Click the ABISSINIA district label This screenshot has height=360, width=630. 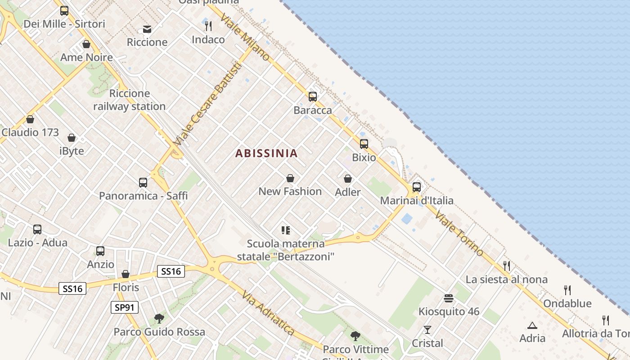(x=266, y=153)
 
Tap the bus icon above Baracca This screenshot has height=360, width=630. (x=312, y=97)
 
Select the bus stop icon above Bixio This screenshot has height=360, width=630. (x=364, y=144)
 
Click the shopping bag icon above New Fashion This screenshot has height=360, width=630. (x=290, y=178)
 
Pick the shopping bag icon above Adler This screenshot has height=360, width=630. (x=347, y=179)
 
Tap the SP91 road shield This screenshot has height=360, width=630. (x=124, y=307)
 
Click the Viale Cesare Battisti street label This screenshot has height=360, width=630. (x=207, y=103)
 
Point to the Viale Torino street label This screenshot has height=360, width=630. (x=459, y=233)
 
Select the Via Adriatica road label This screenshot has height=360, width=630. (x=268, y=313)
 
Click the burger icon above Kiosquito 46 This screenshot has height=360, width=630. (x=448, y=298)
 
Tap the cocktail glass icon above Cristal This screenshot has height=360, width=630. (x=427, y=330)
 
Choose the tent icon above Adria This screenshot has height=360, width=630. (x=532, y=325)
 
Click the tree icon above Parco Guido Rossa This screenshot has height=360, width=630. (x=159, y=319)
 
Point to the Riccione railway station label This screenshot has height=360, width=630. (x=130, y=100)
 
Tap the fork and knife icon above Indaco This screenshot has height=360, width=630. (x=208, y=26)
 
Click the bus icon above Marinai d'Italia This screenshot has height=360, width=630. (x=416, y=187)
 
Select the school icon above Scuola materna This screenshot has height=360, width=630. (x=285, y=230)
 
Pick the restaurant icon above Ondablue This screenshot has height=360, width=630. (x=567, y=290)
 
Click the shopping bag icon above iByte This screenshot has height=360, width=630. (x=71, y=137)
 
